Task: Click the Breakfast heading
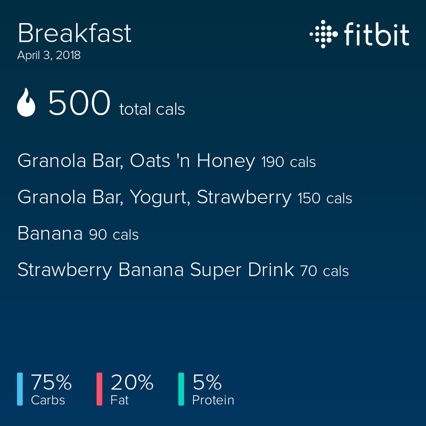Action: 75,33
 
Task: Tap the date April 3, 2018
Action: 49,55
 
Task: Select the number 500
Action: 79,103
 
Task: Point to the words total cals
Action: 152,109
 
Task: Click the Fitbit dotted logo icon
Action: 323,34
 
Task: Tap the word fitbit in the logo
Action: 376,34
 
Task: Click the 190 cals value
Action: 289,162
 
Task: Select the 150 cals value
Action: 325,198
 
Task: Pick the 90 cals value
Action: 114,235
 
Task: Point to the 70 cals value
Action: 325,271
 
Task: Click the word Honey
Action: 226,161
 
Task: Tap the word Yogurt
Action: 160,198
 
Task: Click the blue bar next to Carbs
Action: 20,389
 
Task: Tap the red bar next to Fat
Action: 100,389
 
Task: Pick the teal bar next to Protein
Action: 181,389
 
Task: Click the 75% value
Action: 51,382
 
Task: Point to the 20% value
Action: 132,382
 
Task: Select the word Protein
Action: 213,400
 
